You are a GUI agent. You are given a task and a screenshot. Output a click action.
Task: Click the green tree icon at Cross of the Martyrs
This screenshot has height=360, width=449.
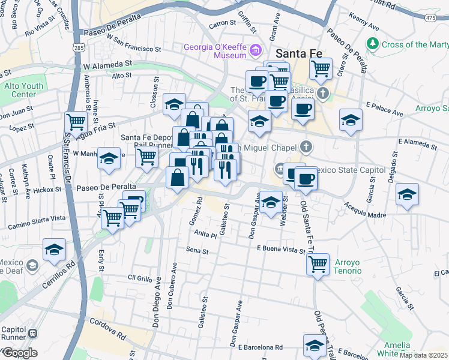click(373, 44)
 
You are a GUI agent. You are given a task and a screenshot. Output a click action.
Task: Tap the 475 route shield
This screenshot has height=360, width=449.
click(430, 18)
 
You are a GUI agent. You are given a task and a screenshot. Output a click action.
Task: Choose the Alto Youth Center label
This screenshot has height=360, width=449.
click(24, 90)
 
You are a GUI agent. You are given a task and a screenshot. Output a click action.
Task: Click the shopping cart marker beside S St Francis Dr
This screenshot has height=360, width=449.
click(76, 122)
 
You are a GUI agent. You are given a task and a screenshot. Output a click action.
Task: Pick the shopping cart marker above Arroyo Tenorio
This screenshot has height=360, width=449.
click(318, 263)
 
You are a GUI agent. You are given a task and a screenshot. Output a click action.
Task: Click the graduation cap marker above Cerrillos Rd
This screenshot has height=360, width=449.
click(54, 249)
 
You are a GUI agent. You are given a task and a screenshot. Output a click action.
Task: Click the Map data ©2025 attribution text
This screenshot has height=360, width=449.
click(423, 355)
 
